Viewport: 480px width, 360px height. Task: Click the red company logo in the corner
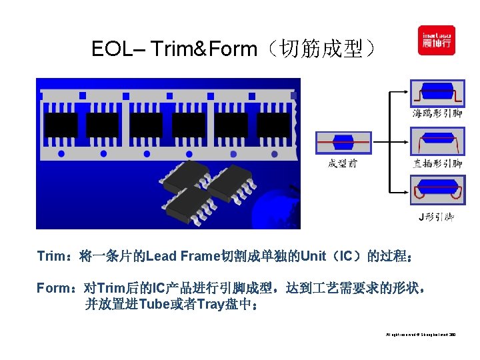[436, 41]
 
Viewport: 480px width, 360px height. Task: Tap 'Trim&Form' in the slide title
[204, 49]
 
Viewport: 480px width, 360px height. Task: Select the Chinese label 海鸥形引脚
[437, 113]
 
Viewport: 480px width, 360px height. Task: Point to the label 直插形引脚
[437, 163]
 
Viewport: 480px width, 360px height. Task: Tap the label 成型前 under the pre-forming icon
[343, 163]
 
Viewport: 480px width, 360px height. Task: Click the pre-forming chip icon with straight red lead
[343, 141]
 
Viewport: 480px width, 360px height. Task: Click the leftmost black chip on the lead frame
[61, 125]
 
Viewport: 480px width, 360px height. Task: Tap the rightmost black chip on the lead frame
[274, 125]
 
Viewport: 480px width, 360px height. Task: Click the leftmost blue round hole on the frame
[61, 153]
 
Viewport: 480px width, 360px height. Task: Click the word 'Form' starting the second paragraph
[53, 289]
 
